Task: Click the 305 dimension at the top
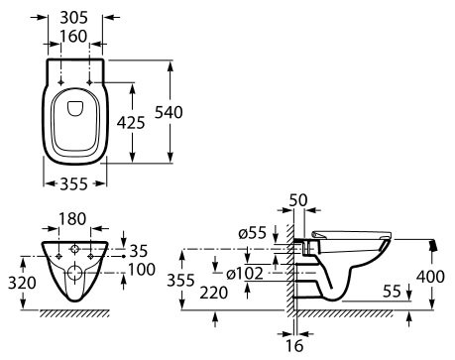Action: (74, 18)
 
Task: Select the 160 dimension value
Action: (73, 37)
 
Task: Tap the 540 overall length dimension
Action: (169, 112)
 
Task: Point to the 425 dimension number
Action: (131, 123)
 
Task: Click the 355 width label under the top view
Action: (74, 184)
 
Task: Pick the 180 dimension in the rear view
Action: (72, 219)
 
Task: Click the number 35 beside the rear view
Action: (138, 251)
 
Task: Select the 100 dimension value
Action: (142, 270)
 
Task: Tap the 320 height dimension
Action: (22, 284)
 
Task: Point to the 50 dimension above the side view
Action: (298, 200)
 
